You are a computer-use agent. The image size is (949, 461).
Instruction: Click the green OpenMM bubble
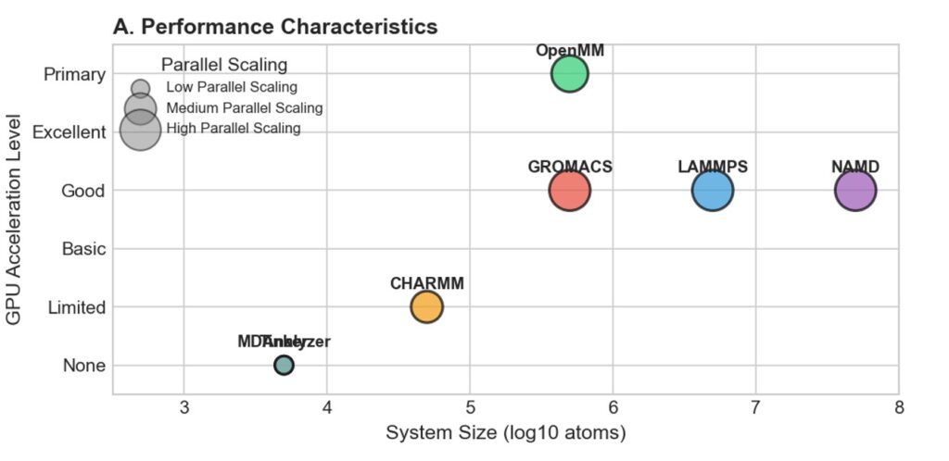coord(570,74)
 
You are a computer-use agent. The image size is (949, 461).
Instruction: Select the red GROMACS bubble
coord(570,191)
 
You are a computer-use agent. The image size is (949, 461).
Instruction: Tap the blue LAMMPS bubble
coord(713,191)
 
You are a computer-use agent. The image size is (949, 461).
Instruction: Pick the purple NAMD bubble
coord(855,191)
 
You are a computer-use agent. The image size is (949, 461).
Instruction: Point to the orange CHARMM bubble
coord(427,306)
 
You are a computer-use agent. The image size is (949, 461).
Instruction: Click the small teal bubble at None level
coord(284,365)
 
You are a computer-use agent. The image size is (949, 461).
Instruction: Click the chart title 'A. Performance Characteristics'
coord(275,27)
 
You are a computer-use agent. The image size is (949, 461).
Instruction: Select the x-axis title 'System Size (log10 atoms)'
coord(506,432)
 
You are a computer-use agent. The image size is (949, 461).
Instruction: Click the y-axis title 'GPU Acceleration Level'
coord(14,218)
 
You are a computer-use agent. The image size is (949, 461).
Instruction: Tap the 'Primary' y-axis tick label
coord(74,74)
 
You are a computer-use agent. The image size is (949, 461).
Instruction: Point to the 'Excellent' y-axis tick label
coord(69,132)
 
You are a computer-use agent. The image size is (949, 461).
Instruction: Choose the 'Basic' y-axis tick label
coord(82,249)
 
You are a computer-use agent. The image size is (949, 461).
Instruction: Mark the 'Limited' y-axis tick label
coord(76,307)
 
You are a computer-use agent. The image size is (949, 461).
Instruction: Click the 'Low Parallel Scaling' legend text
coord(232,87)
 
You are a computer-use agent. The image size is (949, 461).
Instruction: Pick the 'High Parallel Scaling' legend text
coord(234,128)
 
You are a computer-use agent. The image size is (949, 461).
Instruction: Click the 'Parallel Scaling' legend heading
coord(223,64)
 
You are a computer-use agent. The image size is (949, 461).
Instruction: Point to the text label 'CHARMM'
coord(427,283)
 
